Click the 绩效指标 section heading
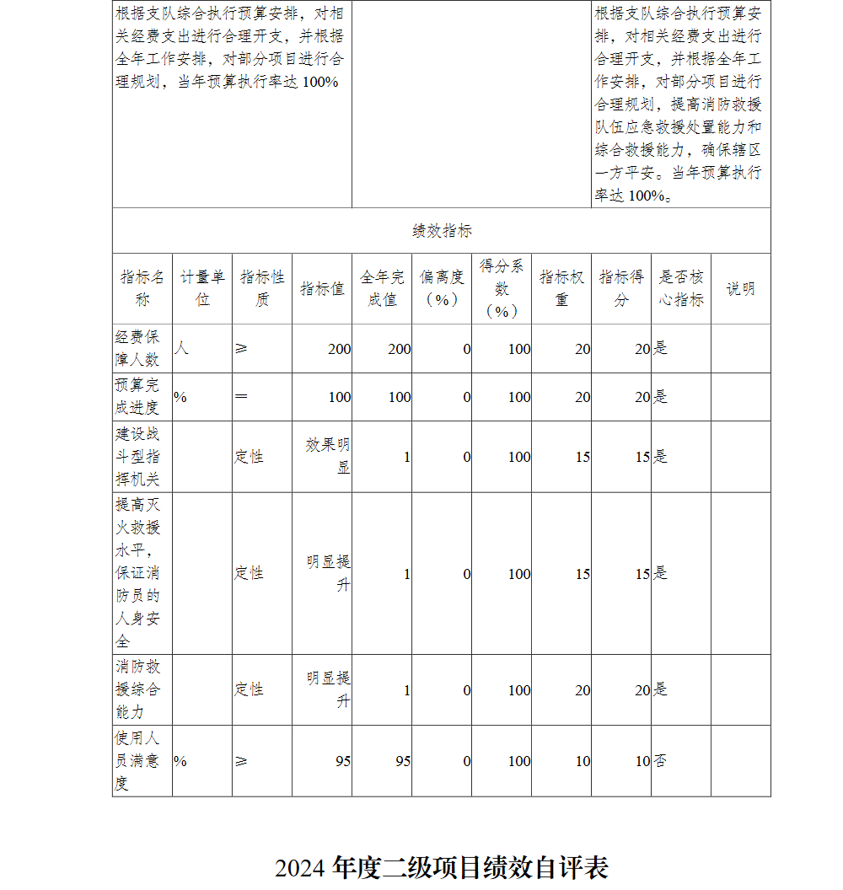[442, 231]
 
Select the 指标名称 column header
[142, 288]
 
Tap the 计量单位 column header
[202, 288]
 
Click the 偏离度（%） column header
[442, 288]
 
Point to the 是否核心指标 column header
[680, 288]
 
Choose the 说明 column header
[740, 288]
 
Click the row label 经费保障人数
[137, 348]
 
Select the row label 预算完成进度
[137, 397]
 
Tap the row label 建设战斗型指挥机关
[137, 457]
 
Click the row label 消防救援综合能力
[137, 689]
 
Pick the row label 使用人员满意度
[137, 761]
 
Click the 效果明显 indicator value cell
[328, 456]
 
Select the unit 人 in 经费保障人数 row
[181, 348]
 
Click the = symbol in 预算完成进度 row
[241, 397]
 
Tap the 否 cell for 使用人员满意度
[660, 761]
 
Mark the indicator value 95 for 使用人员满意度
[342, 761]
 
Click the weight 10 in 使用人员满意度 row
[583, 761]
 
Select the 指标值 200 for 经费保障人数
[339, 348]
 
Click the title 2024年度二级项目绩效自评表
[441, 867]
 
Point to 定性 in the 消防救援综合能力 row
[250, 689]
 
